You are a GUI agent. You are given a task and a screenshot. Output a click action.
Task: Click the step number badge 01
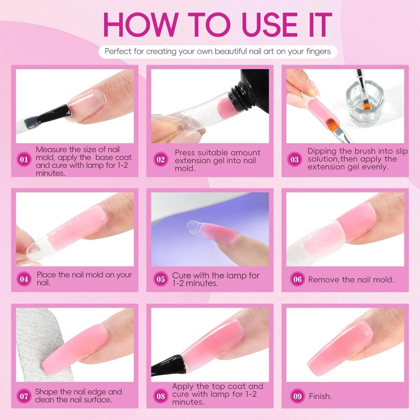click(x=24, y=160)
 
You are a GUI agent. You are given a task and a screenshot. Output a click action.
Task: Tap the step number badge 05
click(x=161, y=279)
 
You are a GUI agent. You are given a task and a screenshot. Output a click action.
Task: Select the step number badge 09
click(x=297, y=396)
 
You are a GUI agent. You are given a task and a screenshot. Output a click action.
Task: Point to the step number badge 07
click(x=24, y=396)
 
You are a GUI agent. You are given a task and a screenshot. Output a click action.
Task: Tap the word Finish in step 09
click(x=320, y=396)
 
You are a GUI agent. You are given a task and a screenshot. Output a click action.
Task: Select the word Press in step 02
click(x=185, y=153)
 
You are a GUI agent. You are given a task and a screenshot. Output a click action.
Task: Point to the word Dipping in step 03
click(x=322, y=151)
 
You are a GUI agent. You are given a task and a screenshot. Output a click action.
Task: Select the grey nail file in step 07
click(x=39, y=344)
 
